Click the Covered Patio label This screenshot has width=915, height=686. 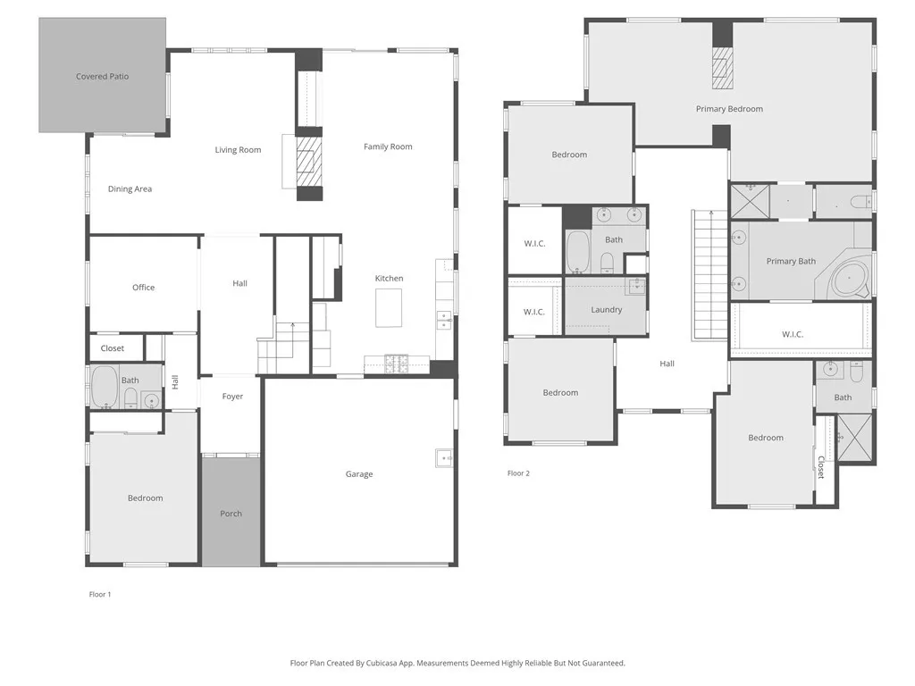click(102, 77)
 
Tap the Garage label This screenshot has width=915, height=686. click(359, 474)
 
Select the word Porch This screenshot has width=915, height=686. click(231, 514)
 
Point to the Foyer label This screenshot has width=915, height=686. click(232, 397)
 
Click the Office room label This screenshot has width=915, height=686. click(143, 288)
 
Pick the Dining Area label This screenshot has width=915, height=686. click(130, 189)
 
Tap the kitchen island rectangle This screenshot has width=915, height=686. click(389, 309)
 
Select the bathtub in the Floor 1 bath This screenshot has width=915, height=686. click(105, 387)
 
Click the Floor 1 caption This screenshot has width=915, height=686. click(100, 594)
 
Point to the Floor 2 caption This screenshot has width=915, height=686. click(518, 473)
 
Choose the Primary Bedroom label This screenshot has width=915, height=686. click(729, 109)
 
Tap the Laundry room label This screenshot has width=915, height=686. click(606, 310)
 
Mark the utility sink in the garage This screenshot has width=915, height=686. click(444, 458)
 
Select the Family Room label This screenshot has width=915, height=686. click(388, 146)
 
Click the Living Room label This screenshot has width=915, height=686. click(238, 150)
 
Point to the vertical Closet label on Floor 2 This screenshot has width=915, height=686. click(820, 467)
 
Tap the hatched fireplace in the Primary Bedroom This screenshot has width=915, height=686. click(722, 68)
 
